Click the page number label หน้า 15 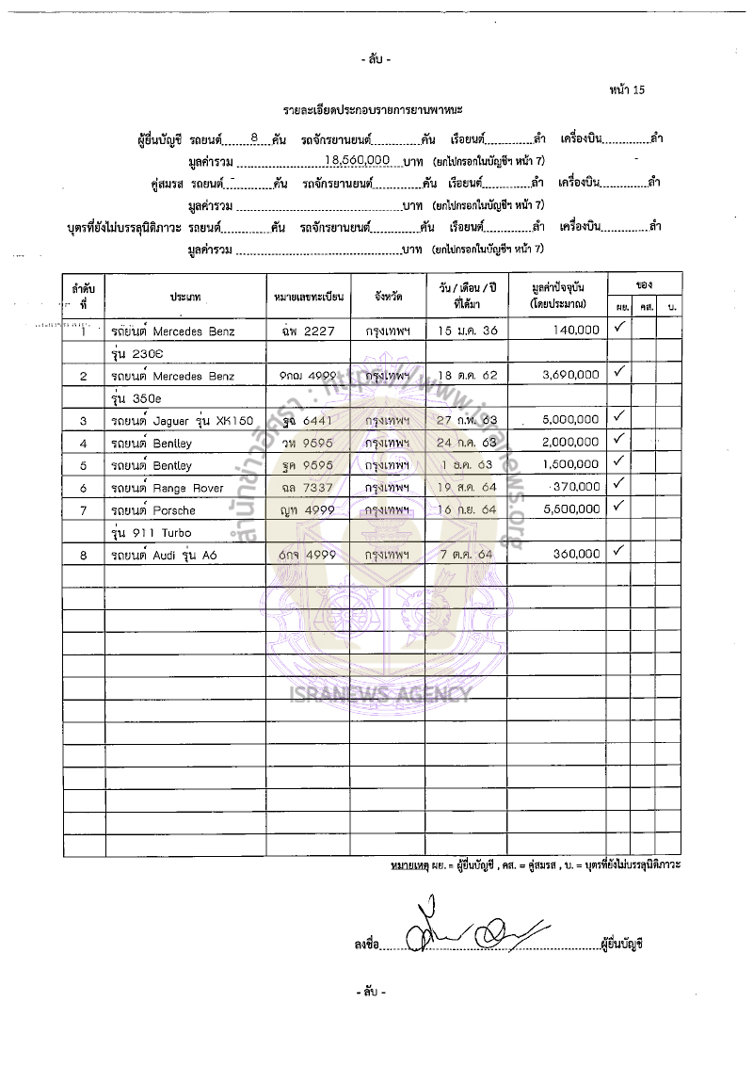[627, 90]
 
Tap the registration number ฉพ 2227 [302, 331]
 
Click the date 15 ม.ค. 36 [466, 331]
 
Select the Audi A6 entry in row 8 [169, 556]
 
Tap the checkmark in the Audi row [618, 552]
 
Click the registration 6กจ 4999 [302, 556]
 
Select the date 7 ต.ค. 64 [466, 556]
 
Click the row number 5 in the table [84, 465]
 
